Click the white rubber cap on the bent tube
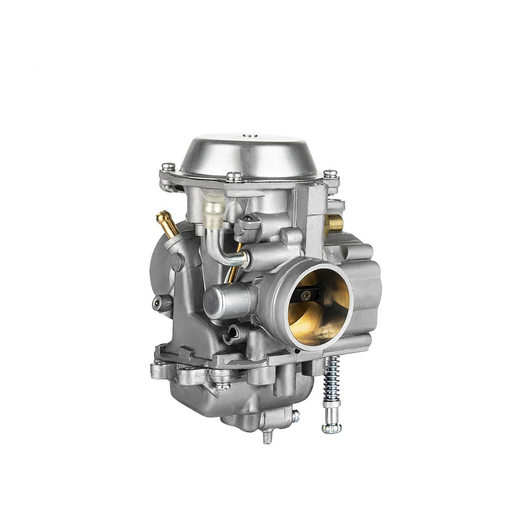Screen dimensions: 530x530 [x=214, y=204]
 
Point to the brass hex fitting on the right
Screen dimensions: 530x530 [x=333, y=224]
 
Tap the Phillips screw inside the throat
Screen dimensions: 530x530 [x=306, y=297]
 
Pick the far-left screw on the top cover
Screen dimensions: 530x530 [x=168, y=166]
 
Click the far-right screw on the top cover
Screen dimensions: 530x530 [x=330, y=173]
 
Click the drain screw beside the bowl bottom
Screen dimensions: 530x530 [x=295, y=416]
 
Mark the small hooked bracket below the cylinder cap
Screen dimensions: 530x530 [x=231, y=334]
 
